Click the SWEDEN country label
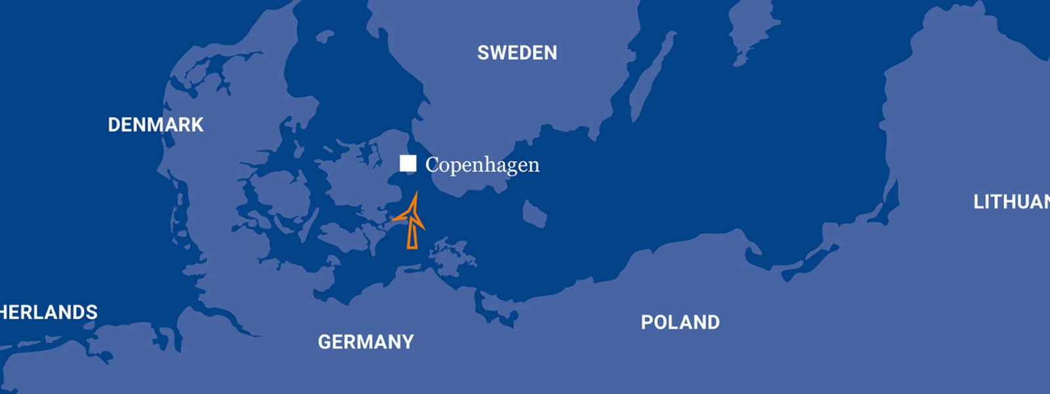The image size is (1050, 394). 517,53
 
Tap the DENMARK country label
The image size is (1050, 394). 156,125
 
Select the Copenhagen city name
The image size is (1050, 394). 482,165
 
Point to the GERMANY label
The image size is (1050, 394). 366,341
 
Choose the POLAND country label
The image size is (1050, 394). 680,322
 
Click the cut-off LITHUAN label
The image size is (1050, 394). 1011,202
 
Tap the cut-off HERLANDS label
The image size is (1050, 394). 49,312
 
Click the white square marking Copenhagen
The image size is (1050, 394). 408,164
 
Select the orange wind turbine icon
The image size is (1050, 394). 411,221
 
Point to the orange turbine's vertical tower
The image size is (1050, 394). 412,235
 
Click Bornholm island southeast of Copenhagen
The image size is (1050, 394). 534,214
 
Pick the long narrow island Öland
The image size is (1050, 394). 653,76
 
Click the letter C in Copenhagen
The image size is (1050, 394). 432,165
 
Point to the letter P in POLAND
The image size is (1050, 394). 646,322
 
